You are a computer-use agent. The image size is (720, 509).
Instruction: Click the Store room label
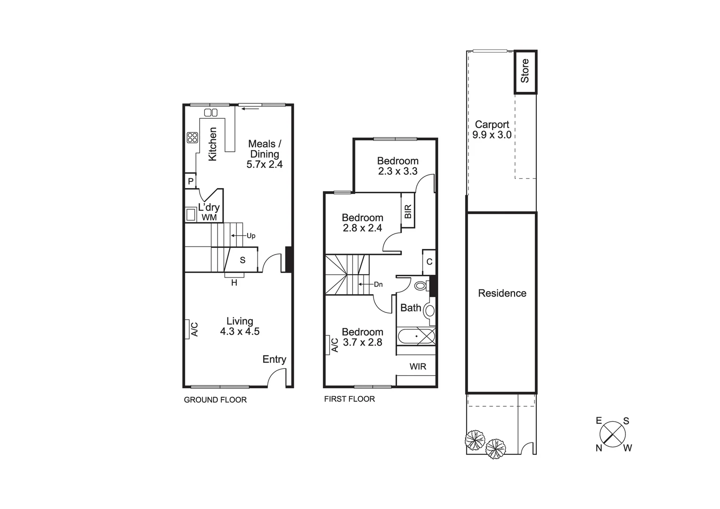pos(525,71)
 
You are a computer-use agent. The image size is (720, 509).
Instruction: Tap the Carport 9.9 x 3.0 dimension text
pos(492,135)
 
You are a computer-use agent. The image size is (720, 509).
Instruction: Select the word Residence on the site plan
pos(502,293)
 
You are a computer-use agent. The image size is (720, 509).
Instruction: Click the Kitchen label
pos(213,144)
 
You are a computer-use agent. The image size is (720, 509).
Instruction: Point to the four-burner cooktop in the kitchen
pos(192,138)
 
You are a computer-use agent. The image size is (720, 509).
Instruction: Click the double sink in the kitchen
pos(210,113)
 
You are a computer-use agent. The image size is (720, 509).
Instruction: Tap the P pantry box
pos(191,181)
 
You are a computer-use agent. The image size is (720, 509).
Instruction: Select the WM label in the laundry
pos(209,217)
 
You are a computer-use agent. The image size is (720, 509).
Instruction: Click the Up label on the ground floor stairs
pos(251,236)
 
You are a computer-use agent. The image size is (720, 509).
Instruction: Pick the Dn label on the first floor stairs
pos(378,284)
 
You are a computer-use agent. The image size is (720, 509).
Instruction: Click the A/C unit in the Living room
pos(192,329)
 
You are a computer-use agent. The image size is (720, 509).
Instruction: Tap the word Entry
pos(274,360)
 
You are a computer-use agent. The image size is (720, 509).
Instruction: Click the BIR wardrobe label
pos(408,211)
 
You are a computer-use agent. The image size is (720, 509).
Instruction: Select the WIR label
pos(418,366)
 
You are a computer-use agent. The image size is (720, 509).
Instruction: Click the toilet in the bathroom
pos(421,286)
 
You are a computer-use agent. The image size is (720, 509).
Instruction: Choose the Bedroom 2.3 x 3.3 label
pos(397,166)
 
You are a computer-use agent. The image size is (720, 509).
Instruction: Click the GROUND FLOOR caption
pos(215,400)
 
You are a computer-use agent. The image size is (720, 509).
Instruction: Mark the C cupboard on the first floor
pos(429,262)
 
